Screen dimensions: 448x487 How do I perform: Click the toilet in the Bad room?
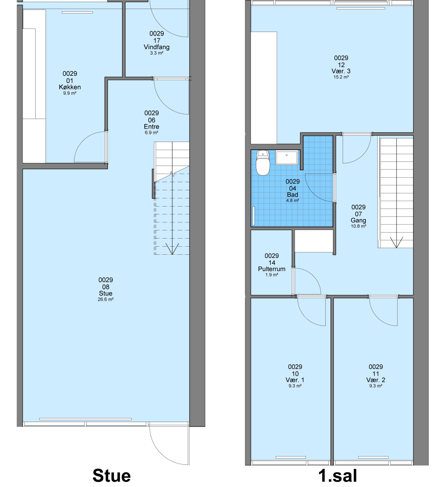click(263, 163)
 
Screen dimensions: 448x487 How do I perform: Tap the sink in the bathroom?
click(286, 157)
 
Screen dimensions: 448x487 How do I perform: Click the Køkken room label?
click(70, 87)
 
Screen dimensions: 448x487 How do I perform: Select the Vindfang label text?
click(157, 47)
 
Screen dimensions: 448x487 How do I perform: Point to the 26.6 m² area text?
click(106, 299)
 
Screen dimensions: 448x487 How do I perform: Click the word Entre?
click(152, 127)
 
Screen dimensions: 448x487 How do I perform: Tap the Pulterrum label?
click(272, 269)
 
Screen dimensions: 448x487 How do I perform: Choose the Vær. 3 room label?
click(341, 71)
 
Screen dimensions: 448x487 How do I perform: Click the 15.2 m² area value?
click(341, 77)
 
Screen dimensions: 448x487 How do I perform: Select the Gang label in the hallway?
click(359, 220)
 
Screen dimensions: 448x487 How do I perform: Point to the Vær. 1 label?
click(295, 380)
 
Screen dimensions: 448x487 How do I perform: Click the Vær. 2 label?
click(376, 380)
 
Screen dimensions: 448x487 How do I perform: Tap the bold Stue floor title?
click(112, 476)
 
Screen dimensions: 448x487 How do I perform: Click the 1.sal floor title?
click(338, 476)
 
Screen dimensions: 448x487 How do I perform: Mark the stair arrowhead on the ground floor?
click(172, 249)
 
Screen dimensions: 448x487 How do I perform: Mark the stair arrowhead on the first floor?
click(396, 242)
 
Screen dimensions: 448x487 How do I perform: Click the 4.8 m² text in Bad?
click(293, 201)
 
